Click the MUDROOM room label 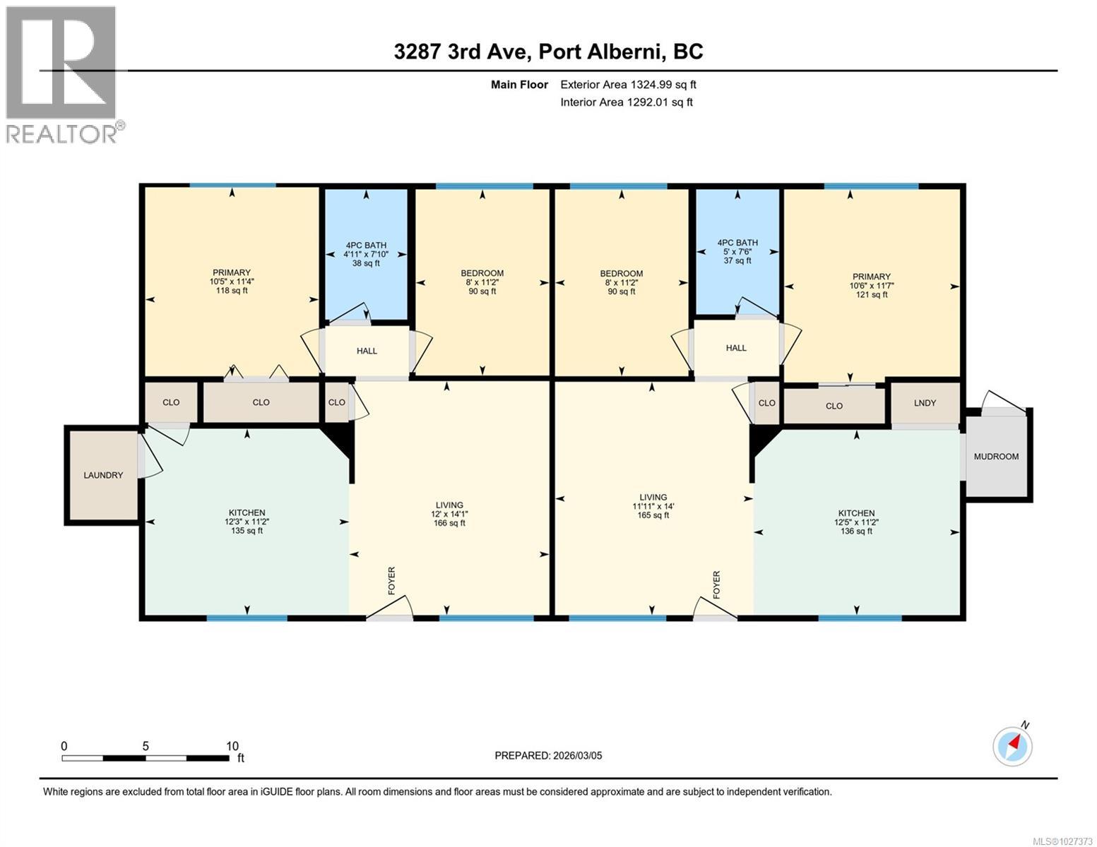[x=995, y=457]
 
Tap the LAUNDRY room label [x=103, y=475]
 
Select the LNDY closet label [x=925, y=403]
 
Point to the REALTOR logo [x=64, y=75]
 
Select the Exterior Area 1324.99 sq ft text [x=628, y=85]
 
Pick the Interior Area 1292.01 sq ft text [x=627, y=102]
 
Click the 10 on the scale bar [x=232, y=745]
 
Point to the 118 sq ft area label [x=232, y=291]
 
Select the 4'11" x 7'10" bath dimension [x=366, y=254]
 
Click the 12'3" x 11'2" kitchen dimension [x=247, y=522]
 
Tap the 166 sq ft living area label [x=449, y=523]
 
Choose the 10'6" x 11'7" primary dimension [x=872, y=286]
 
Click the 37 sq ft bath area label [x=737, y=261]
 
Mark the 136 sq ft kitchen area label [x=856, y=531]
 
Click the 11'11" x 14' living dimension [x=653, y=507]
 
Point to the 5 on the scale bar [x=146, y=745]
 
